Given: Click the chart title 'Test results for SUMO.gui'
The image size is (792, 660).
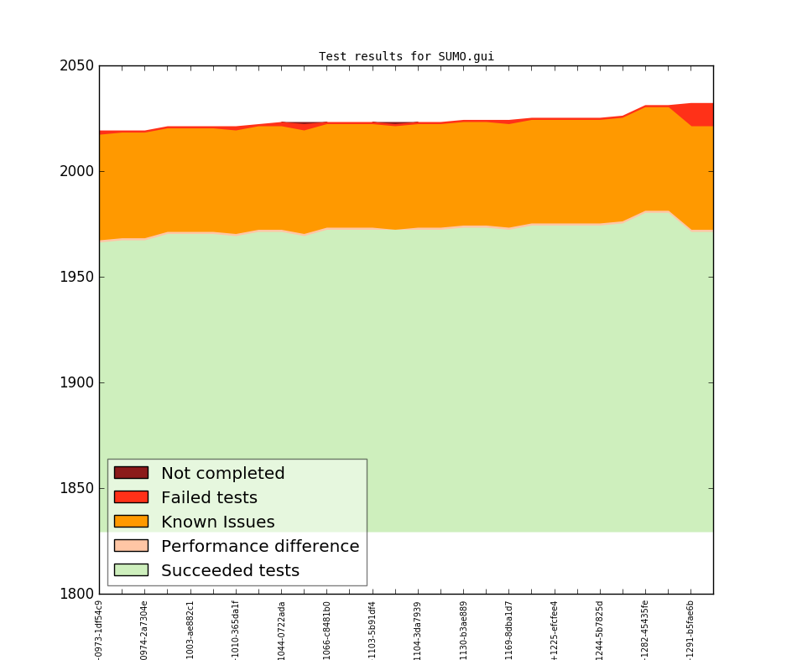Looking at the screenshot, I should pyautogui.click(x=406, y=57).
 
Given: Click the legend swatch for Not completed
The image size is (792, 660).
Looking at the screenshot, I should pyautogui.click(x=131, y=473).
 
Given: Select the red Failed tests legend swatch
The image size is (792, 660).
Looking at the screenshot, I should pyautogui.click(x=131, y=497).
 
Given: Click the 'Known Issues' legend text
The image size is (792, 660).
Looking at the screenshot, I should pyautogui.click(x=217, y=522).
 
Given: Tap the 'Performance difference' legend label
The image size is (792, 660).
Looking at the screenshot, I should pyautogui.click(x=260, y=546).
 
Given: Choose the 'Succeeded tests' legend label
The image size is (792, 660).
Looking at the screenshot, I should pyautogui.click(x=230, y=570).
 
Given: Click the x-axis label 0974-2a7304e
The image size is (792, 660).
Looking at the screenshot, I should pyautogui.click(x=144, y=629).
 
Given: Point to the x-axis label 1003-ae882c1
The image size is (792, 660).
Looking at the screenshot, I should pyautogui.click(x=190, y=629).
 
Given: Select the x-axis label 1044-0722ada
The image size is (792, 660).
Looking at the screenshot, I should pyautogui.click(x=282, y=629).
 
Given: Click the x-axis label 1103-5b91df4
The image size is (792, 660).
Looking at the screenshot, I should pyautogui.click(x=373, y=629).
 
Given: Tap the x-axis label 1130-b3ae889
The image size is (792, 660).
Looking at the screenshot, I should pyautogui.click(x=463, y=629).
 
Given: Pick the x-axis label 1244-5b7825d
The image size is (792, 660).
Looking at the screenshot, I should pyautogui.click(x=600, y=629).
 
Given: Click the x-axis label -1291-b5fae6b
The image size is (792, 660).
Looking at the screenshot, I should pyautogui.click(x=690, y=629).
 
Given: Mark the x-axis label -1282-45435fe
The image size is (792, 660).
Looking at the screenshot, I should pyautogui.click(x=645, y=629).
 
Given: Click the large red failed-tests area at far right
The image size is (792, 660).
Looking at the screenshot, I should pyautogui.click(x=701, y=114).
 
